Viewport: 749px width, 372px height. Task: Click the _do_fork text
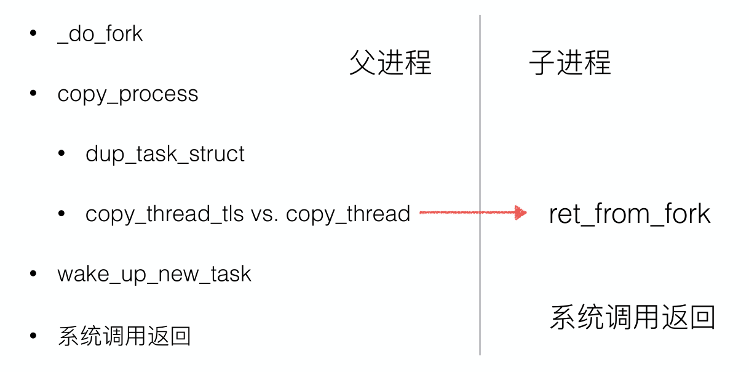[100, 34]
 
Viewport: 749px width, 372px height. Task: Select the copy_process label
[128, 94]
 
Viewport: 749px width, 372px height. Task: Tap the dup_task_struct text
[165, 154]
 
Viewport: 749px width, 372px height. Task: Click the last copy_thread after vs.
[348, 214]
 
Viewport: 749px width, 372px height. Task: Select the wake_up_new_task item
[154, 274]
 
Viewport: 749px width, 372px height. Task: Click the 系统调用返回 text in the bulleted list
[124, 336]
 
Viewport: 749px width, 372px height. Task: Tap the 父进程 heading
[390, 63]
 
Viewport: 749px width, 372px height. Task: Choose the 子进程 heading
[570, 63]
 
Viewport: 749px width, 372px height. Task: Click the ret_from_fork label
[630, 214]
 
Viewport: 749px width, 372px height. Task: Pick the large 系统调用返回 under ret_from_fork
[632, 317]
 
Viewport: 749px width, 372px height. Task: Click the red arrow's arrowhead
[521, 213]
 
